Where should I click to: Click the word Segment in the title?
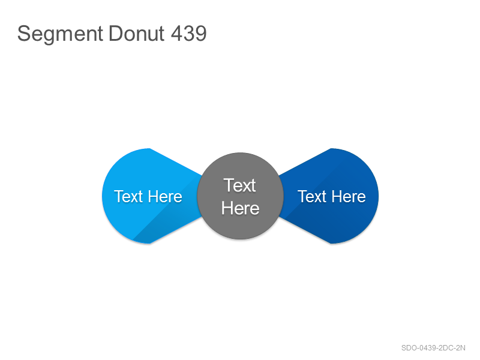60,34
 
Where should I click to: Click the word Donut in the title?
137,33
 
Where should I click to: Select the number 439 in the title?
188,33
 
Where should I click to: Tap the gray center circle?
241,196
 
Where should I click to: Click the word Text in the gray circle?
239,185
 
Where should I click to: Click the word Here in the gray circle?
241,208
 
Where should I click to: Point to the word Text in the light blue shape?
128,196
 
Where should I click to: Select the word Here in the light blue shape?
166,196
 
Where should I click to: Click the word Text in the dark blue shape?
312,196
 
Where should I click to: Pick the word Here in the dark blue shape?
349,196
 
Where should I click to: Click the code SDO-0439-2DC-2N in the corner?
433,348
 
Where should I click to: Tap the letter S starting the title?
24,33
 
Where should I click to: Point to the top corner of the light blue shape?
149,148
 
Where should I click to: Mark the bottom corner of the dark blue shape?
331,244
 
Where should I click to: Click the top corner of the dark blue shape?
331,148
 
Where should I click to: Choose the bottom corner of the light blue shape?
149,244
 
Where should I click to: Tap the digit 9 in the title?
201,33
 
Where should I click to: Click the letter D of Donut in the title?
115,33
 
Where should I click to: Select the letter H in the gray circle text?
227,208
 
